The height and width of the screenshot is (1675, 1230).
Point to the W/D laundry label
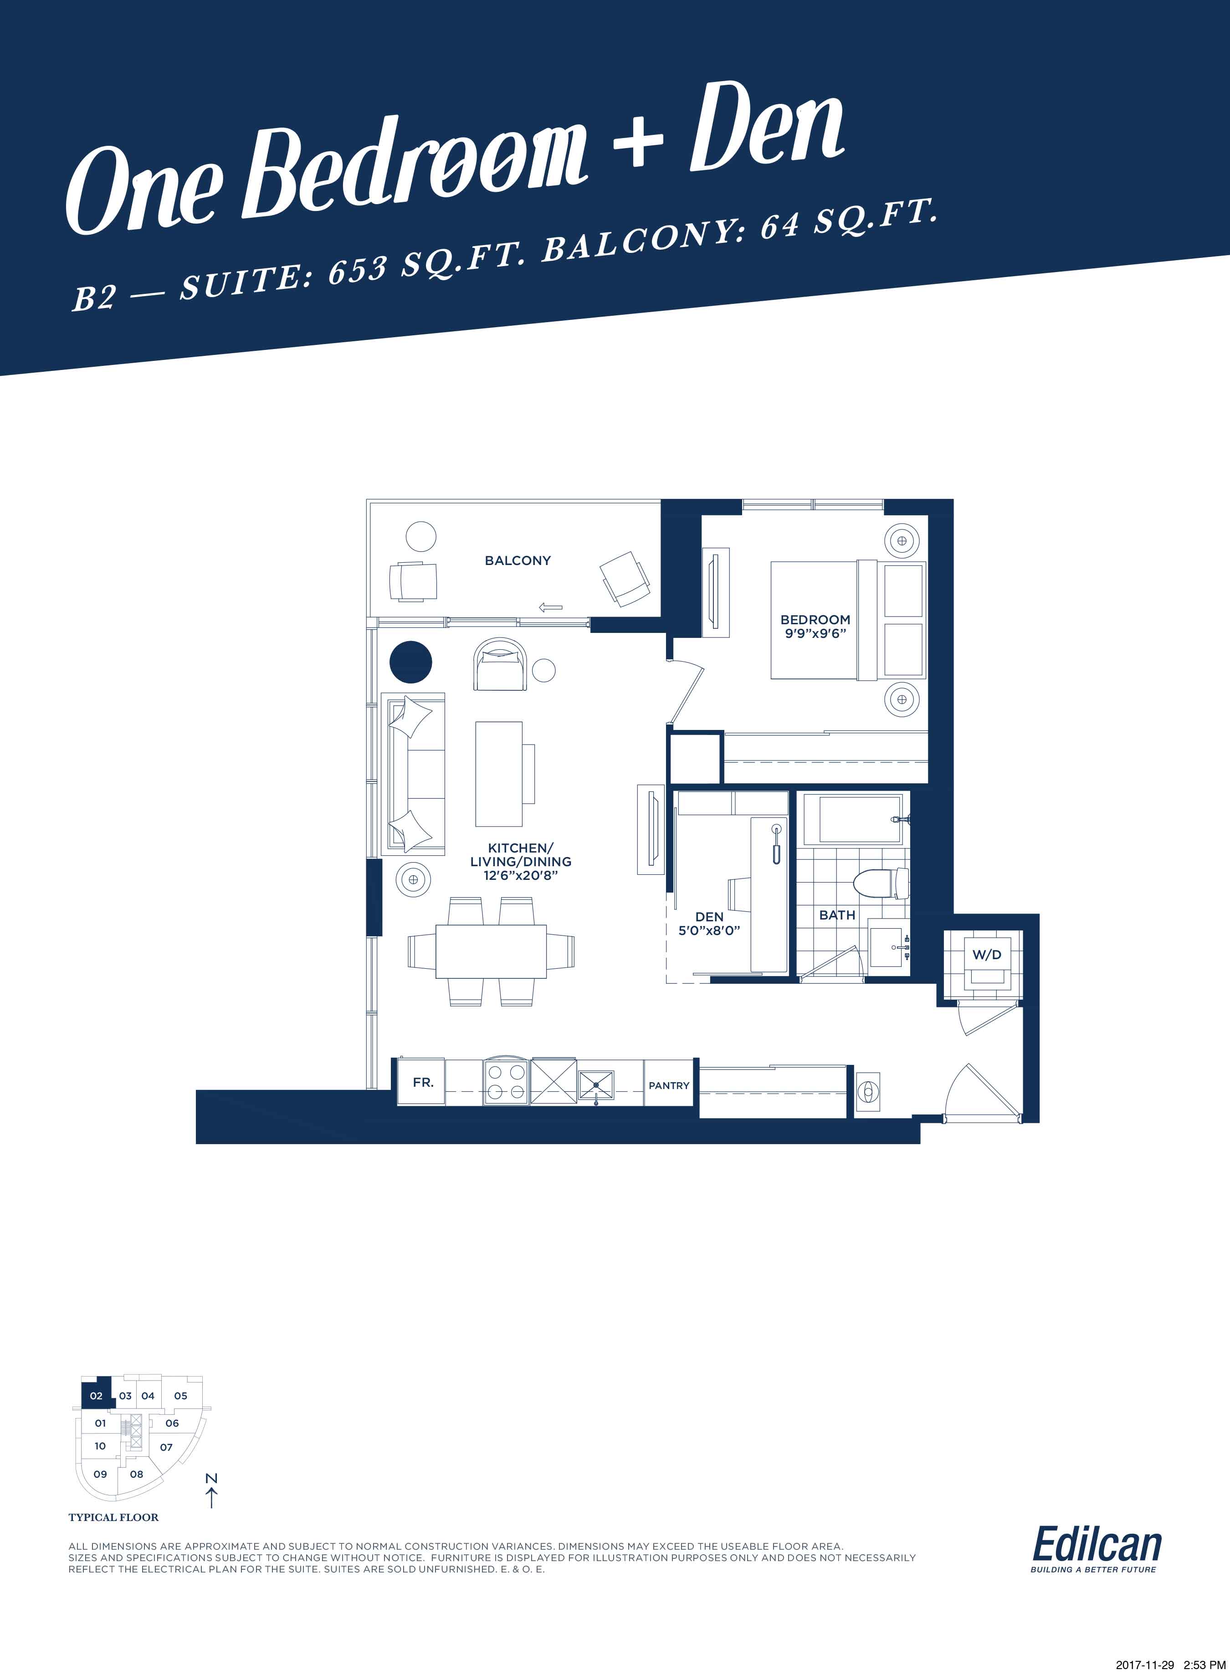pos(987,955)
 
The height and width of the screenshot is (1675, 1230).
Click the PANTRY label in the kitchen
pos(669,1085)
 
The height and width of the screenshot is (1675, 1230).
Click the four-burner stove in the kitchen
pos(506,1081)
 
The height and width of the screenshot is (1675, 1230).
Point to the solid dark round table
pos(411,661)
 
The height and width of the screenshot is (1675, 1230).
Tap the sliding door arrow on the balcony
pos(551,607)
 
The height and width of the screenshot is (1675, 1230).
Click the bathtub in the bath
pos(861,818)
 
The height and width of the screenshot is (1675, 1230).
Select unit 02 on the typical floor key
pos(96,1396)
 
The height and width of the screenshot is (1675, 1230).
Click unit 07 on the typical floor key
pos(166,1447)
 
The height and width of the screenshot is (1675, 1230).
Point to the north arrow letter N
pos(211,1478)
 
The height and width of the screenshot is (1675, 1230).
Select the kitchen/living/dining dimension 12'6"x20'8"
pos(520,875)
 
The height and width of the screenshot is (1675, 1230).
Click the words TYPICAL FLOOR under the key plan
pos(113,1517)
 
